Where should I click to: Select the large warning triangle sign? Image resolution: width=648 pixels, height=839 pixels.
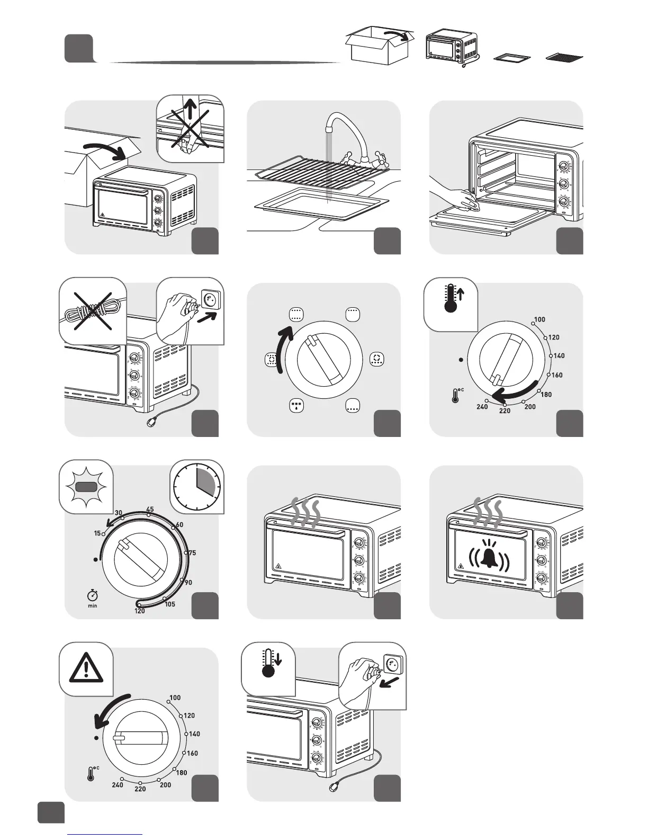click(x=85, y=667)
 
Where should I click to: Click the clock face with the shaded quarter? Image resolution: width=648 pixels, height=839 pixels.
click(x=197, y=487)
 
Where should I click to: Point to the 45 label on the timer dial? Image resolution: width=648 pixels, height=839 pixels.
click(x=150, y=510)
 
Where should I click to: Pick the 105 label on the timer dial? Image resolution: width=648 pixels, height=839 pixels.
click(x=170, y=604)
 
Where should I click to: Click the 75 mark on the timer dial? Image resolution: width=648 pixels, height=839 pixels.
click(x=192, y=553)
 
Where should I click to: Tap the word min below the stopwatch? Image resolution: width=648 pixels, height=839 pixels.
click(x=93, y=605)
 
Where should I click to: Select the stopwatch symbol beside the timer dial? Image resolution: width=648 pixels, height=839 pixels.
click(x=93, y=595)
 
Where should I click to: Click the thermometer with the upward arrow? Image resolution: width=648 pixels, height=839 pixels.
click(x=452, y=298)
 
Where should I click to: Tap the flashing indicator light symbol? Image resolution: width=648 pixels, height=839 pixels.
click(x=85, y=486)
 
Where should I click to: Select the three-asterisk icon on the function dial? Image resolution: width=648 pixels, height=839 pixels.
click(x=296, y=406)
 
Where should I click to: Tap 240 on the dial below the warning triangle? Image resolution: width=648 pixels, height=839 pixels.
click(x=118, y=784)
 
